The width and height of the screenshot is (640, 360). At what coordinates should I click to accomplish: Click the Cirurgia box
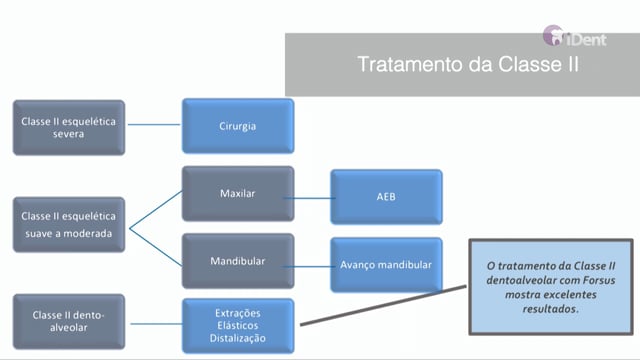coord(238,126)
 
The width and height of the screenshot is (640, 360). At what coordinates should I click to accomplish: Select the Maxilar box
coord(238,193)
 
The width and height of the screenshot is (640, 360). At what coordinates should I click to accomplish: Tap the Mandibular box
coord(238,261)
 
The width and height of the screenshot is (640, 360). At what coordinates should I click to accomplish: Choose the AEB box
coord(386,197)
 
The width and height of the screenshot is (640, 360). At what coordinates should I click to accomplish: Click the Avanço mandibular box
coord(386,265)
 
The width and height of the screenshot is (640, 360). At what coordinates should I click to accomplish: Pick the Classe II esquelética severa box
coord(69,128)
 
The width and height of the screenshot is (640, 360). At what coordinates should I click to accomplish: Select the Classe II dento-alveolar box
coord(69,322)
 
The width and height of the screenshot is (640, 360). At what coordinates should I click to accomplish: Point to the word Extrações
coord(238,313)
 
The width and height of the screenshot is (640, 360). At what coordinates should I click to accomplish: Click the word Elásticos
coord(238,326)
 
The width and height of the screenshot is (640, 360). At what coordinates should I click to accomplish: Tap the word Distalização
coord(238,338)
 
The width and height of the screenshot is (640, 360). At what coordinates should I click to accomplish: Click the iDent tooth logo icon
coord(553,35)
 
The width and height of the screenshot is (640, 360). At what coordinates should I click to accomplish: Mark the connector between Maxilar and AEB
coord(309,198)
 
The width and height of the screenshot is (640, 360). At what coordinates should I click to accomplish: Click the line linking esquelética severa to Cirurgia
coord(154,124)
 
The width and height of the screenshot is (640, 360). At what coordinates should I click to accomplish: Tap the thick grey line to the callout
coord(383,306)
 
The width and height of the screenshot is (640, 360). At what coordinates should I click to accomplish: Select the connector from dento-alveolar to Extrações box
coord(156,324)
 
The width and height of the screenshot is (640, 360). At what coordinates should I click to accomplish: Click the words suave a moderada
coord(69,234)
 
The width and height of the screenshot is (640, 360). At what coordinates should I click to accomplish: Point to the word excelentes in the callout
coord(572,295)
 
